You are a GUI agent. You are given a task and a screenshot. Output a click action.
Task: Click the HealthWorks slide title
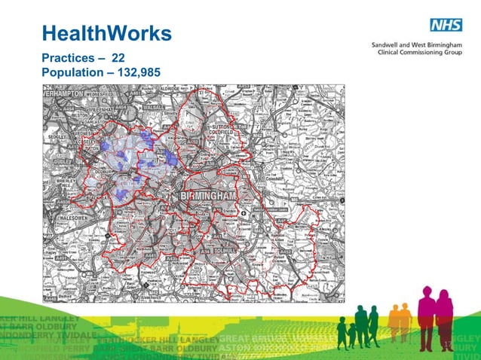point(106,33)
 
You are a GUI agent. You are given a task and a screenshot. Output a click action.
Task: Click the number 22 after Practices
point(118,57)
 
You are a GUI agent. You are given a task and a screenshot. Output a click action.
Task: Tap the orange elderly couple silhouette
point(400,316)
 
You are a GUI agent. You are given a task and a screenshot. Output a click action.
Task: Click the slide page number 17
point(446,345)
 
